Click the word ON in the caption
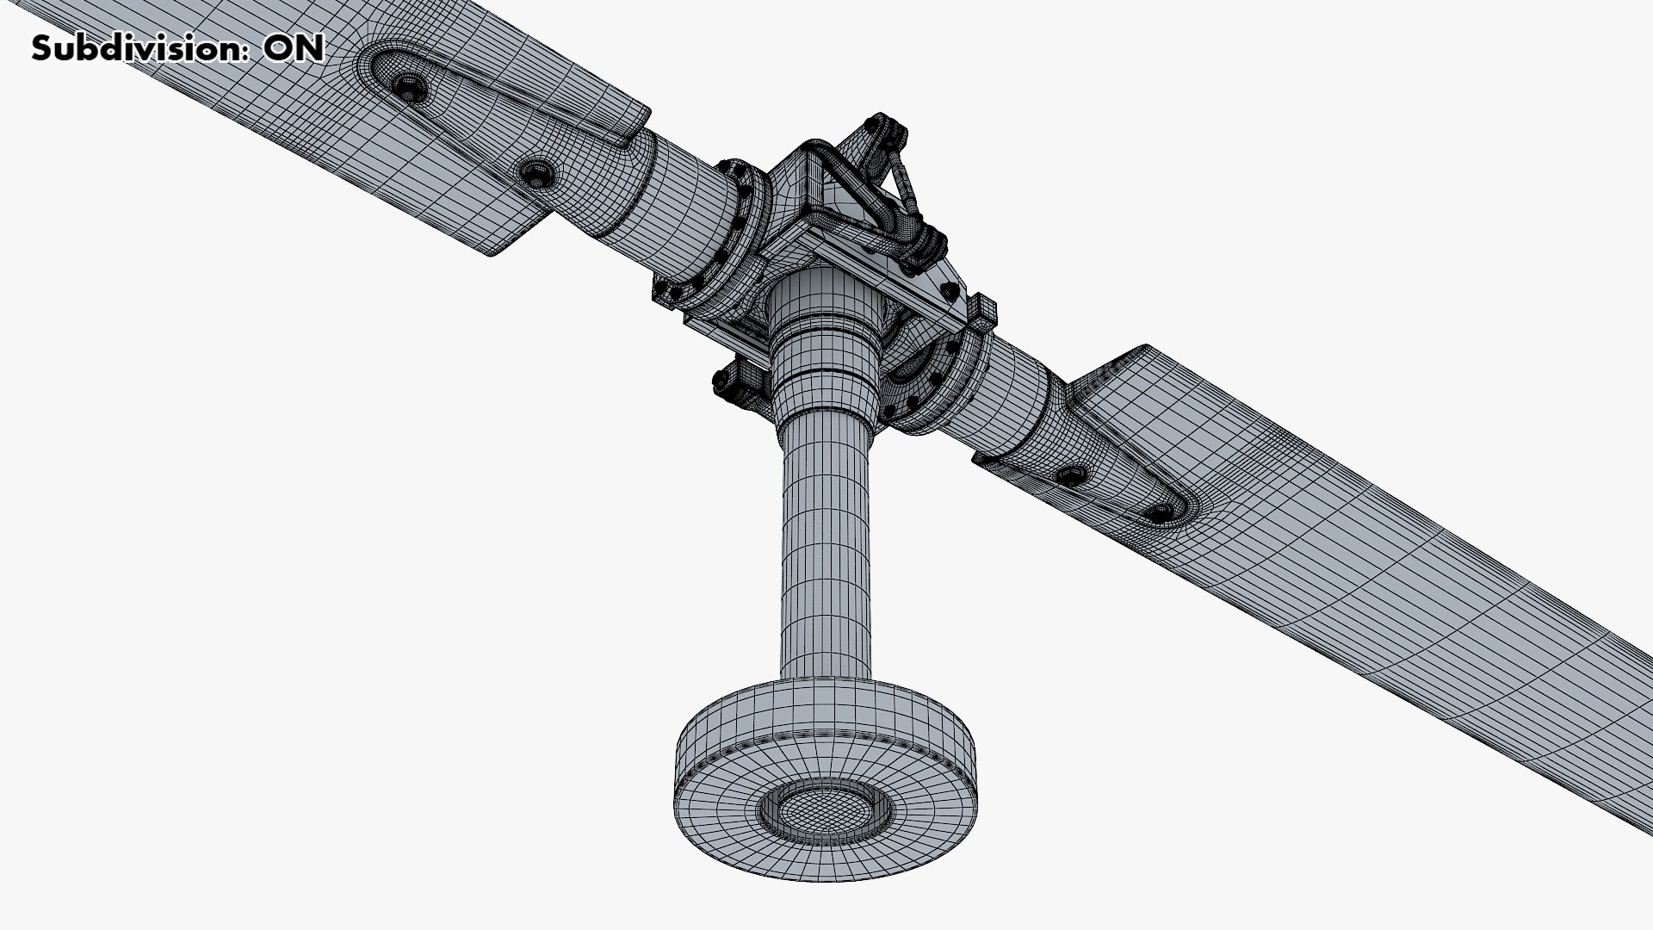click(294, 48)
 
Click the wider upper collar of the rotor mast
click(824, 344)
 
